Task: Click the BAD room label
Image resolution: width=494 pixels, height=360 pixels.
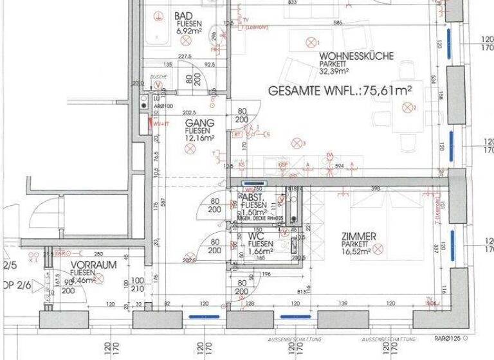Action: pyautogui.click(x=183, y=16)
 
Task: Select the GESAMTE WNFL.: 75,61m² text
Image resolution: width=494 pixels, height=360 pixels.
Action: pyautogui.click(x=340, y=91)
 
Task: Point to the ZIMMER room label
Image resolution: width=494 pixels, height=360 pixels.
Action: pyautogui.click(x=359, y=237)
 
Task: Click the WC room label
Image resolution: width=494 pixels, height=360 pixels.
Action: pyautogui.click(x=255, y=237)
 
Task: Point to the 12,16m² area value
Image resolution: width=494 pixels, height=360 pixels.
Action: pyautogui.click(x=199, y=138)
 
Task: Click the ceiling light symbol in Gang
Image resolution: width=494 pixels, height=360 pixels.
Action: pyautogui.click(x=190, y=148)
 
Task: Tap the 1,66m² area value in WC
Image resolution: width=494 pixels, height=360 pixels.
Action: pyautogui.click(x=261, y=253)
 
